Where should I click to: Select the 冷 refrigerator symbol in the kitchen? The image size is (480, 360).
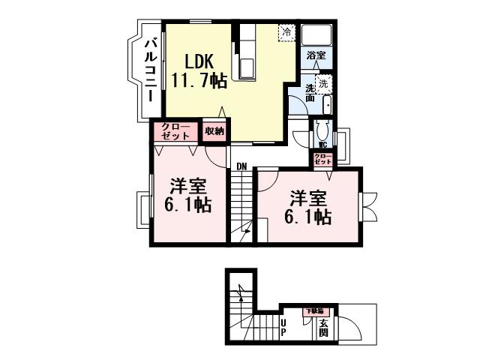286,32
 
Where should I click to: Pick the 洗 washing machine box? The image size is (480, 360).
323,82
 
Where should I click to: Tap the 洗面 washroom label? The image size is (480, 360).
310,93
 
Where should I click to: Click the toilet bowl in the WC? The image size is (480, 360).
322,128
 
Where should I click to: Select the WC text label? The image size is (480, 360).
322,144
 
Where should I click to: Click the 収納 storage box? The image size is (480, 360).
215,131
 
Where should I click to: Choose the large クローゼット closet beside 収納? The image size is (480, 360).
177,131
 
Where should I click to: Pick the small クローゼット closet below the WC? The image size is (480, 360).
322,159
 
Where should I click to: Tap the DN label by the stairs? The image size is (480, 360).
241,166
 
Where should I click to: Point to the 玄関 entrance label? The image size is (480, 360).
323,328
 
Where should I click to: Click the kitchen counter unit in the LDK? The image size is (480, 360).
247,52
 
